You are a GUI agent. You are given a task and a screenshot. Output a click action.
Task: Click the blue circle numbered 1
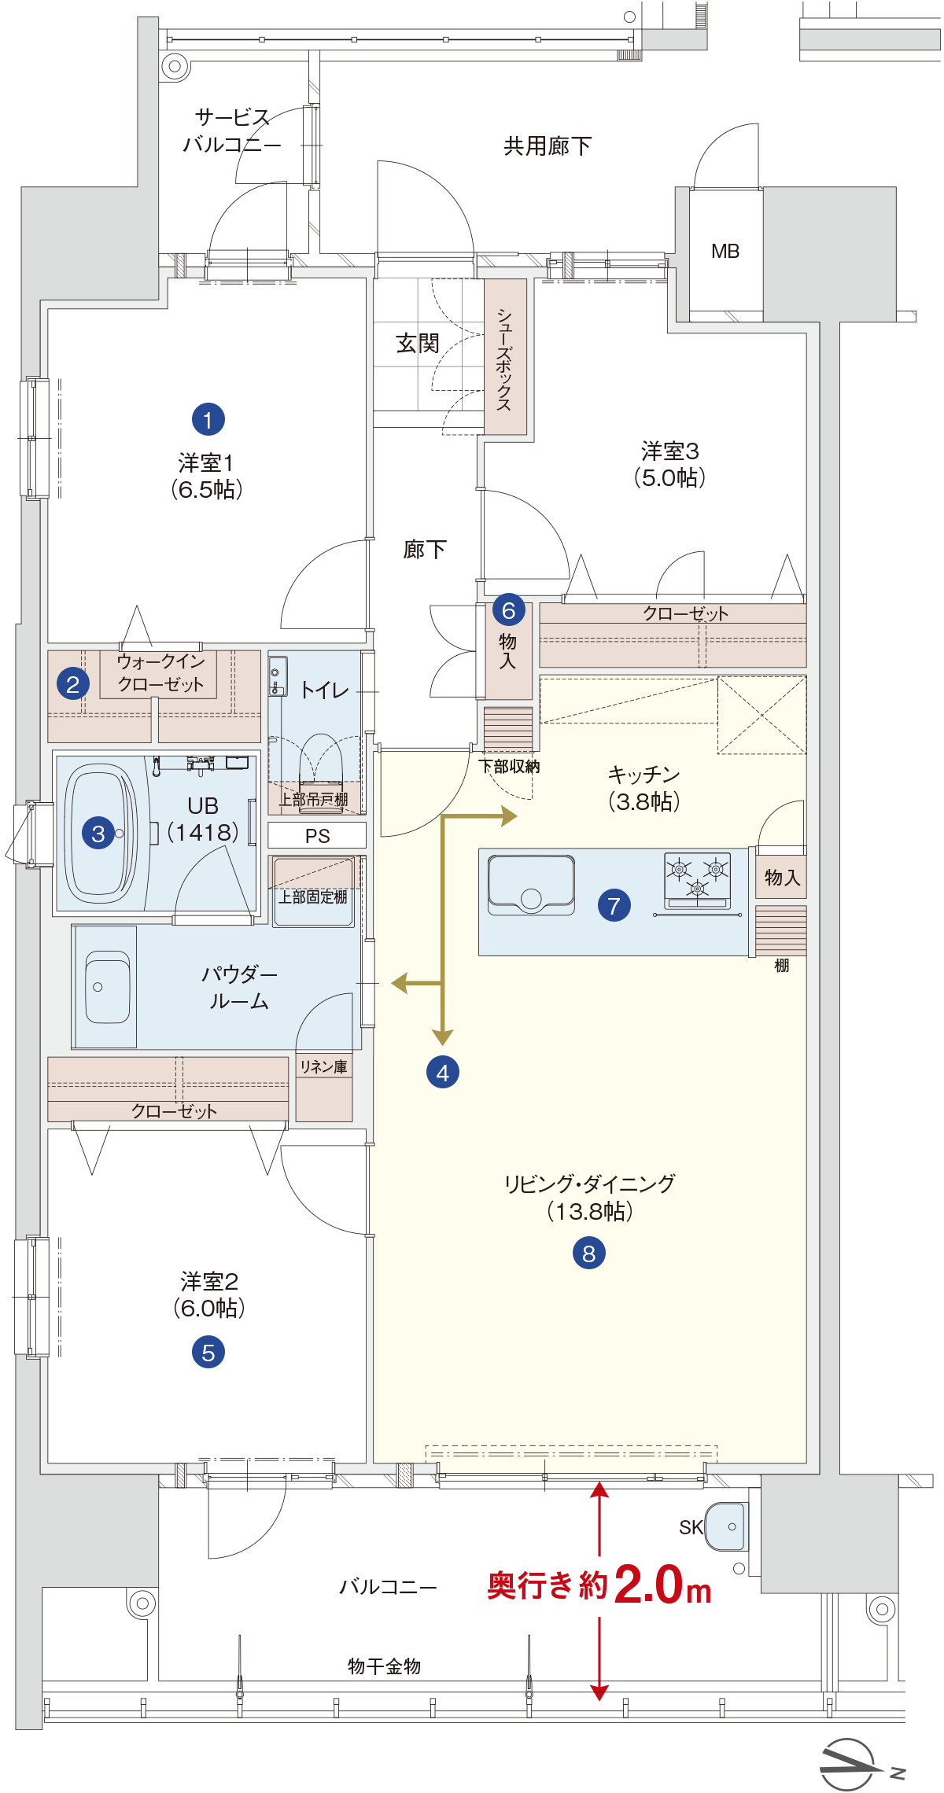pos(208,419)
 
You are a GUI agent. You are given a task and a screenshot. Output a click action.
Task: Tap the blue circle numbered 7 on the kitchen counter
pos(614,905)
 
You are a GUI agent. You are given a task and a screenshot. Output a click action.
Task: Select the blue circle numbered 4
pos(443,1072)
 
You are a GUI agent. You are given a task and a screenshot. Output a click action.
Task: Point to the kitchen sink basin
pos(531,884)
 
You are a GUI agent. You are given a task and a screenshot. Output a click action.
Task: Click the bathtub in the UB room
pos(100,833)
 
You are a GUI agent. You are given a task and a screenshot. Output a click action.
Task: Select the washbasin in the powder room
pos(107,986)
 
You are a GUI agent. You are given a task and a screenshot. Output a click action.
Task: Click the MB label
pos(725,251)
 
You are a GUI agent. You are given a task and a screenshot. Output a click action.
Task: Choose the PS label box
pos(317,835)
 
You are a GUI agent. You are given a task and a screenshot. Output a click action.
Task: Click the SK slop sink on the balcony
pos(726,1526)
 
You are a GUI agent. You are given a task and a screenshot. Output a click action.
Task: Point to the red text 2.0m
pos(662,1584)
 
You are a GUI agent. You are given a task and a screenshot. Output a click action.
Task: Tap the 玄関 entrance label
pos(418,343)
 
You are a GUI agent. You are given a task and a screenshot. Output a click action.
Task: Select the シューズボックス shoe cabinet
pos(505,357)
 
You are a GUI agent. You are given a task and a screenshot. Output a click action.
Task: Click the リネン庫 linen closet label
pos(323,1066)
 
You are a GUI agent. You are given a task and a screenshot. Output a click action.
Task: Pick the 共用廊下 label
pos(548,145)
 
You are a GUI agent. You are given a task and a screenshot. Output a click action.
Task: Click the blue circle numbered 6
pos(509,609)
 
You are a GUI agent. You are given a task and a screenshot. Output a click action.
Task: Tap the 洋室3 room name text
pos(670,451)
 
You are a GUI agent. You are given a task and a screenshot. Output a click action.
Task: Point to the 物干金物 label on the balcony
pos(385,1666)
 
